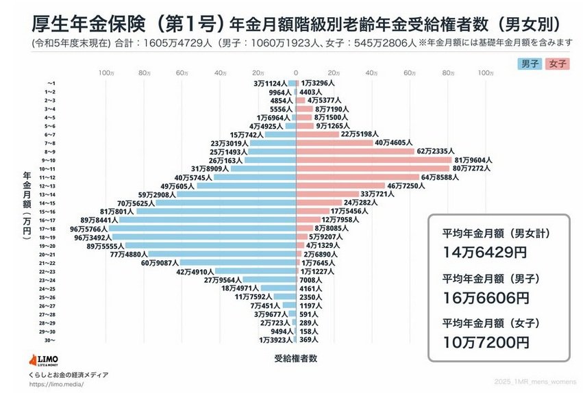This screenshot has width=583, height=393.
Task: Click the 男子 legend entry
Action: tap(530, 63)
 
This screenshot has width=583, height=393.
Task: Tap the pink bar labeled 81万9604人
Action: tap(373, 160)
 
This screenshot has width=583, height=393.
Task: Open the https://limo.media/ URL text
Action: tap(56, 384)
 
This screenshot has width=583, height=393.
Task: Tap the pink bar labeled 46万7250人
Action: tap(340, 186)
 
